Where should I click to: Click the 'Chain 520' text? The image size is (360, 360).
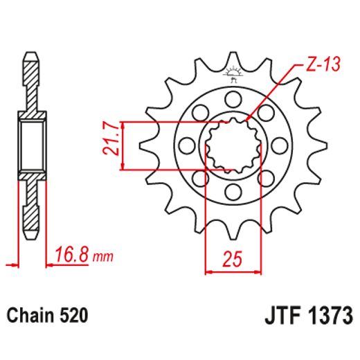click(48, 316)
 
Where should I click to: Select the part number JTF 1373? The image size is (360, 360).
click(309, 316)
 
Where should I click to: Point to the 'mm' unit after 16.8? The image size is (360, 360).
click(102, 258)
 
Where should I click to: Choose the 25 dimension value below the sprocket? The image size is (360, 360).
click(233, 261)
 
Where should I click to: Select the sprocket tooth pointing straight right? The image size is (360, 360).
click(320, 145)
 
